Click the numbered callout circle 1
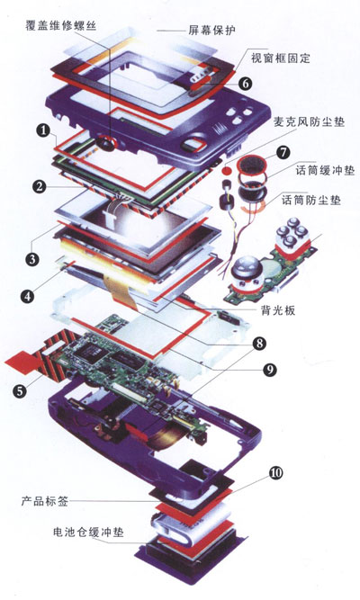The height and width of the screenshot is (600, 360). pos(44,130)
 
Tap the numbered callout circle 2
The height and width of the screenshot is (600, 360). pos(40,187)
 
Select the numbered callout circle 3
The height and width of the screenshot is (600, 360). pos(32,259)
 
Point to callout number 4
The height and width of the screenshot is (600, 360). pos(28,296)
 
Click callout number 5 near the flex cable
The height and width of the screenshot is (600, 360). pos(20,390)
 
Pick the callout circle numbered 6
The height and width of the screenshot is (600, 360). pos(245,83)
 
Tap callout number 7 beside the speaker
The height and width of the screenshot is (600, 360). pos(283,152)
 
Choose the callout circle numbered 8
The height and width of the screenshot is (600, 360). pos(259,343)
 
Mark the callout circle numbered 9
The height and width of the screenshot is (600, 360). pos(270,369)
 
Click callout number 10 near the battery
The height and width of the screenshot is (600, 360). pos(276,473)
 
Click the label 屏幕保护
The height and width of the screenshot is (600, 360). pos(211,31)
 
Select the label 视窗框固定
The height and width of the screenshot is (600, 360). pos(280,58)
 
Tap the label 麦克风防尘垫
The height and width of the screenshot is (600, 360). pos(310,121)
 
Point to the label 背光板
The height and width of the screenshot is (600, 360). pos(278,310)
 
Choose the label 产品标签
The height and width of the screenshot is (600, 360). pos(45,501)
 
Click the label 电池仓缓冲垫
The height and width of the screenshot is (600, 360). pos(88,532)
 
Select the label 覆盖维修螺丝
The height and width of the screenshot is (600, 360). pos(61,25)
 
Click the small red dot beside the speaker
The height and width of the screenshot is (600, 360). pos(228,169)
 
